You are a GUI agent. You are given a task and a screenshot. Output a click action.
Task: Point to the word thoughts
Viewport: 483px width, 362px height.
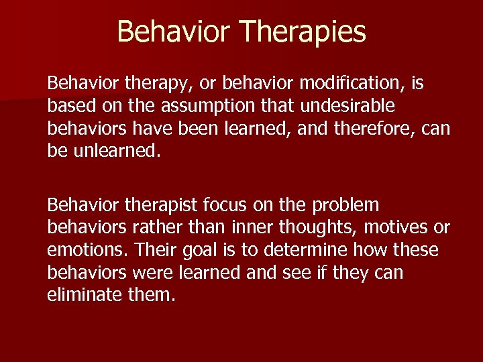(320, 227)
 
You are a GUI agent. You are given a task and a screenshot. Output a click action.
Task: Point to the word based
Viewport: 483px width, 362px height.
(69, 107)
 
